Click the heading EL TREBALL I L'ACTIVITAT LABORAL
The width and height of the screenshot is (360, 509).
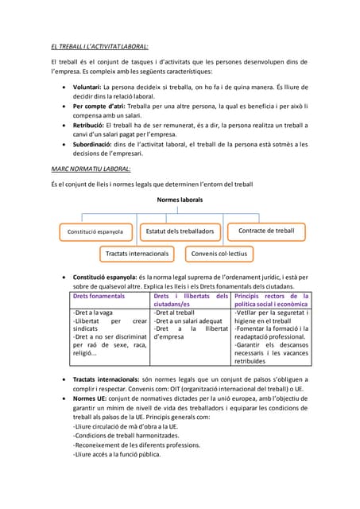[x=99, y=46]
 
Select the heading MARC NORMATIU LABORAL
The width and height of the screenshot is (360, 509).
[x=91, y=169]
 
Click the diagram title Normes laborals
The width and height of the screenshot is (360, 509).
[x=180, y=200]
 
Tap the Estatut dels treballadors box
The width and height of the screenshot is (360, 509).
[x=180, y=231]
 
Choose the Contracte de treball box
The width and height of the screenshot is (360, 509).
[x=266, y=231]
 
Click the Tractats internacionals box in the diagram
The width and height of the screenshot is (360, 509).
[x=137, y=254]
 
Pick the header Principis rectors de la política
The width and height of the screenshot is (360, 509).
[x=271, y=300]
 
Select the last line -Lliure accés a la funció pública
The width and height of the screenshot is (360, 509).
[x=117, y=455]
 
